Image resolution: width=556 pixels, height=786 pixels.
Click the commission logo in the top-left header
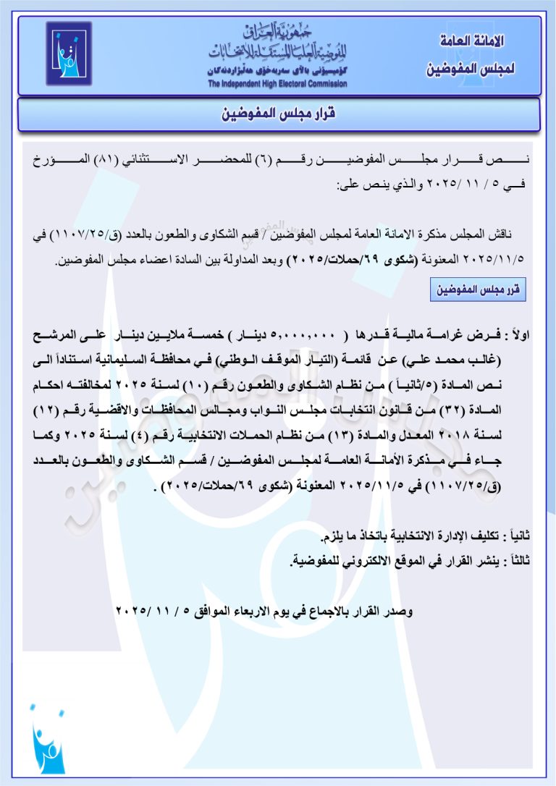[x=69, y=55]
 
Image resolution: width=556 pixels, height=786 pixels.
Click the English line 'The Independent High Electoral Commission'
[x=277, y=84]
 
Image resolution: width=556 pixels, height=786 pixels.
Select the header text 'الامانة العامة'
[x=471, y=41]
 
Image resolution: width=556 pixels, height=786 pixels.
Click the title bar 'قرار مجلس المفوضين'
[x=278, y=115]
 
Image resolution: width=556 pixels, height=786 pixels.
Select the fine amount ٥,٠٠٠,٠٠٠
[x=303, y=336]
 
